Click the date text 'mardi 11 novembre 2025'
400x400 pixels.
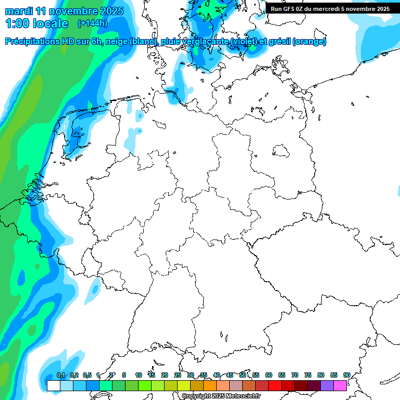click(x=64, y=11)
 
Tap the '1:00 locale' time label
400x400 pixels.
click(x=36, y=23)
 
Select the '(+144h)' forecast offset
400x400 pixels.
click(x=93, y=23)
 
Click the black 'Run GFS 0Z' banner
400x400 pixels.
click(x=330, y=8)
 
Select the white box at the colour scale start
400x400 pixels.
click(x=53, y=385)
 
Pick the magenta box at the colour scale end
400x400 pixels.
click(x=340, y=385)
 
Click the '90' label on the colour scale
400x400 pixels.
click(x=346, y=375)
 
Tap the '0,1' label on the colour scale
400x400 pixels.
click(x=61, y=375)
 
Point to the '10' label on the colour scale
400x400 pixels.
click(x=139, y=375)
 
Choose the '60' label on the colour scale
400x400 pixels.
click(x=269, y=375)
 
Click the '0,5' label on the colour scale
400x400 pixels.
click(x=87, y=375)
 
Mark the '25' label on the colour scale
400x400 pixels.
click(x=178, y=375)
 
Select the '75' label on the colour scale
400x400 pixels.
click(x=308, y=375)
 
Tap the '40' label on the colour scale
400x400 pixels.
click(x=217, y=375)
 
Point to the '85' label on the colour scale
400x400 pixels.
click(x=334, y=375)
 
